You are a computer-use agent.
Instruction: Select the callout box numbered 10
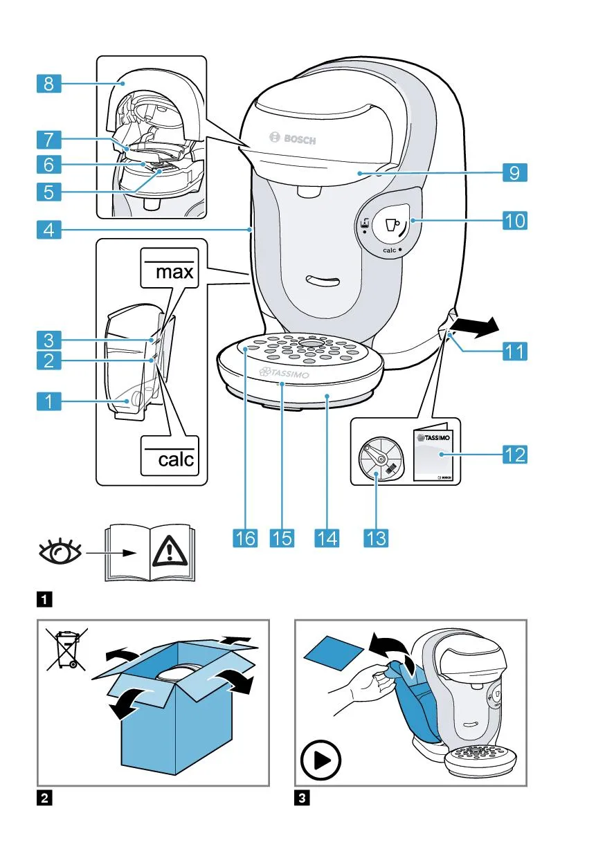point(514,221)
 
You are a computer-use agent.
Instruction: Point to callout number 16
point(244,538)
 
